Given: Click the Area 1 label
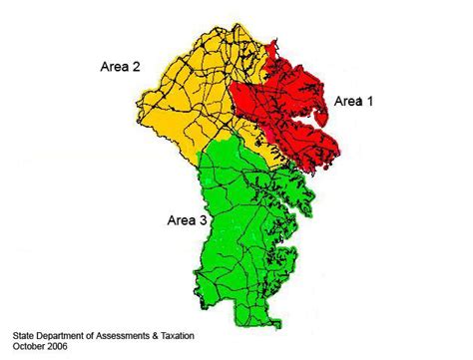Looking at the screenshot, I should (x=354, y=101).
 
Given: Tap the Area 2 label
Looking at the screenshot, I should (x=121, y=67).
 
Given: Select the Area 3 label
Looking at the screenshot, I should (x=186, y=220).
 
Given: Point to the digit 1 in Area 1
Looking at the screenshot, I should (x=373, y=101).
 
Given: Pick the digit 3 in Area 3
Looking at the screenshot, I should (x=204, y=220).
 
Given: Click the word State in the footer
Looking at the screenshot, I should (x=24, y=337).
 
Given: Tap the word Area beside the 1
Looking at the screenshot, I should (x=348, y=101).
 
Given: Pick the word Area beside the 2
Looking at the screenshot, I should (x=115, y=67).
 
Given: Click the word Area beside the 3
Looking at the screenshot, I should (x=180, y=220).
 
